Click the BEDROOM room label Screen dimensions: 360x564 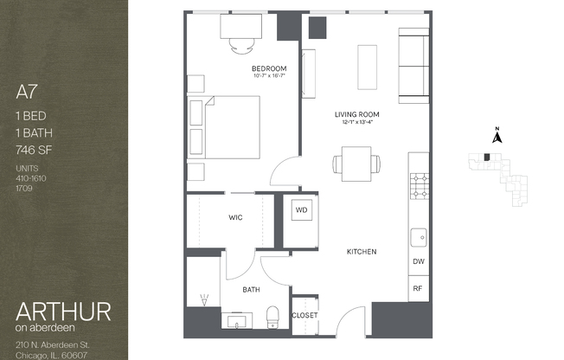[269, 68]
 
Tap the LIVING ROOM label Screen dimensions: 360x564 [357, 114]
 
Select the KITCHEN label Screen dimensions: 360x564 [361, 252]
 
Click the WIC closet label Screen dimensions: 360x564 [234, 218]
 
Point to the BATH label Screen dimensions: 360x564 [252, 290]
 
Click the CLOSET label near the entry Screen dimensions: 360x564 [304, 316]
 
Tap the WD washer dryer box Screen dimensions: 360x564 [302, 210]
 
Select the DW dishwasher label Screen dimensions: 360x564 [418, 261]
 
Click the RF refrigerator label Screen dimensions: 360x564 [418, 288]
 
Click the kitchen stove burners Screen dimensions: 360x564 [419, 184]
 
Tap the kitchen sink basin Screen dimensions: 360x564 [419, 235]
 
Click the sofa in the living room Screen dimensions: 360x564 [412, 65]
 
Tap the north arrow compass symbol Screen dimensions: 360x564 [497, 135]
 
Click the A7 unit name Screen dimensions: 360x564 [27, 89]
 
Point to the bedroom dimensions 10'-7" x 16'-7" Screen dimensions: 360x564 [269, 77]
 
